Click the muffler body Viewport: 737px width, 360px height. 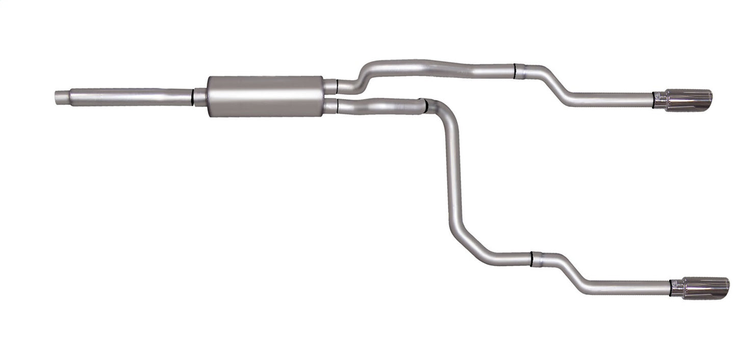tap(265, 96)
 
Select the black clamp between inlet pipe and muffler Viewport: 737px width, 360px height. tap(193, 97)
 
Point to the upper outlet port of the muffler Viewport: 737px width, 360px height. tap(331, 87)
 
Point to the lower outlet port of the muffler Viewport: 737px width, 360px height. tap(331, 106)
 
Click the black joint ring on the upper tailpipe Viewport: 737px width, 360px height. tap(515, 71)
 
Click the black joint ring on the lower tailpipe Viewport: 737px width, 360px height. tap(531, 259)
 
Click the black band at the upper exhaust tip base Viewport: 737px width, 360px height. tap(653, 100)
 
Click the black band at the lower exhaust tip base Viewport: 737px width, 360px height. tap(671, 288)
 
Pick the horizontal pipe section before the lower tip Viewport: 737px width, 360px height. tap(627, 288)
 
